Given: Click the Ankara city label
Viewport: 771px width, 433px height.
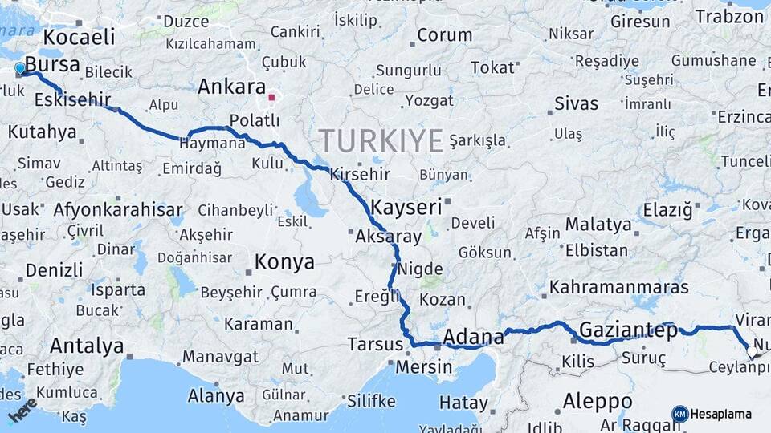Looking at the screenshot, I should tap(231, 87).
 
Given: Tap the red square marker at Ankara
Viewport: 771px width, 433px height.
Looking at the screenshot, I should tap(271, 98).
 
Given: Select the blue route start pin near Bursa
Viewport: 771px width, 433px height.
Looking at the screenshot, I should tap(20, 68).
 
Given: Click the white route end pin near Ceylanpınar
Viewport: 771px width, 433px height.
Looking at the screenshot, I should tap(752, 350).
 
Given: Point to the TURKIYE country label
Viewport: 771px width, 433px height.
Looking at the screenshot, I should tap(381, 141).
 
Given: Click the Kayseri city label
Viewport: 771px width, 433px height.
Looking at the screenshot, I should tap(406, 208).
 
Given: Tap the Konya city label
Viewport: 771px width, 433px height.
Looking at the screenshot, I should tap(284, 261).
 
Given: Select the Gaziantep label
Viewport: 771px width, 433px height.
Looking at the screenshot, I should tap(617, 330).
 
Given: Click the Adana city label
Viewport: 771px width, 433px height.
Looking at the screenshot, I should tap(473, 337).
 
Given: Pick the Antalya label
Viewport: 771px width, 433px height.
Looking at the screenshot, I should tap(87, 346).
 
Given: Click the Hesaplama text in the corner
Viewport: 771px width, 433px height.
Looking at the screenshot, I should tap(721, 414).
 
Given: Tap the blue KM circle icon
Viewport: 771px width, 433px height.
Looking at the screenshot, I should tap(680, 414).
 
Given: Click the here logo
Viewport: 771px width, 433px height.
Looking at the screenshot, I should tap(22, 408).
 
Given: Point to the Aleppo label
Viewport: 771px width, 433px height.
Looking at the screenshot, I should tap(598, 400).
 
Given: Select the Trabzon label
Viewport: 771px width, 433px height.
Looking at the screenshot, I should tap(729, 16).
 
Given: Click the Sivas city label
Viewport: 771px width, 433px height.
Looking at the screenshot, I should tap(577, 103).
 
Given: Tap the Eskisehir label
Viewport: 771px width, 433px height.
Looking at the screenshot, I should tap(72, 99).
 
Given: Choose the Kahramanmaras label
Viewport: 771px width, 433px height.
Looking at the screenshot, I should tap(619, 286).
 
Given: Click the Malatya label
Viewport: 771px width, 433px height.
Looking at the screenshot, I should tap(598, 224).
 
